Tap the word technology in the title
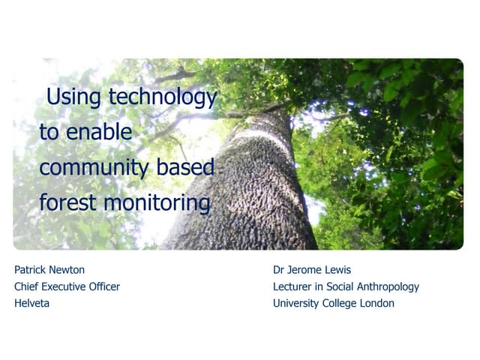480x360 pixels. (x=162, y=97)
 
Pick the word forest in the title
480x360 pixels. (x=68, y=202)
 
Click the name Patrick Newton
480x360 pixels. (x=49, y=269)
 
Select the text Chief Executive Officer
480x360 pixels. (x=67, y=286)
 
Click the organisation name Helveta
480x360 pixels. (x=31, y=303)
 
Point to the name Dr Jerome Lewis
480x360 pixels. (x=312, y=269)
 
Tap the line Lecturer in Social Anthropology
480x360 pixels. (x=346, y=286)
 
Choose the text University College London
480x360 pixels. (x=334, y=303)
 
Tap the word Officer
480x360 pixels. (x=103, y=286)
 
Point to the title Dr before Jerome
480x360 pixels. (x=280, y=269)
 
